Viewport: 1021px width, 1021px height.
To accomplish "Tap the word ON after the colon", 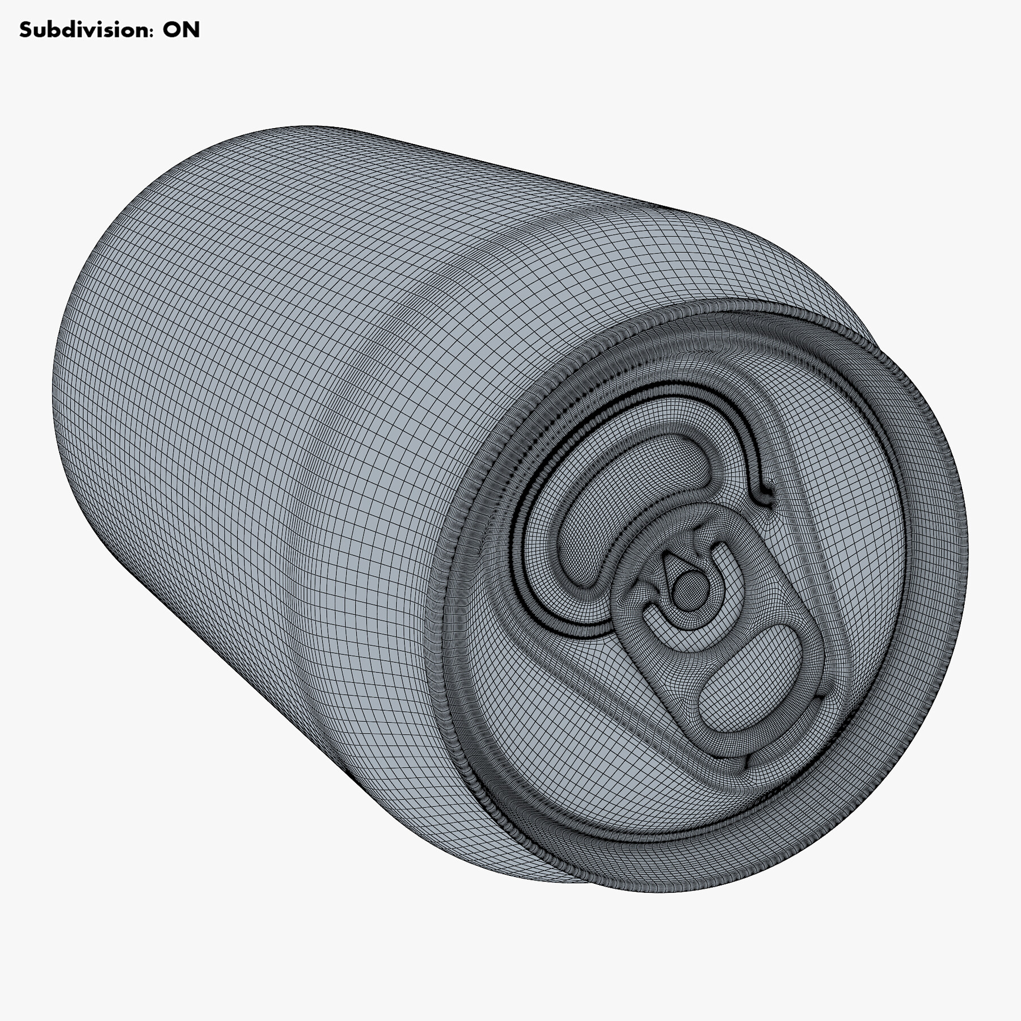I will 181,30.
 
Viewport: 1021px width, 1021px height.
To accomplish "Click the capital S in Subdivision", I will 26,30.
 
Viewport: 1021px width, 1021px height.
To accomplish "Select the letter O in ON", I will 172,30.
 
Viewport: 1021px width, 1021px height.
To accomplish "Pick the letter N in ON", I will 191,30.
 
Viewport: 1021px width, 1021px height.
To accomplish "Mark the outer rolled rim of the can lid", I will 959,510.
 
